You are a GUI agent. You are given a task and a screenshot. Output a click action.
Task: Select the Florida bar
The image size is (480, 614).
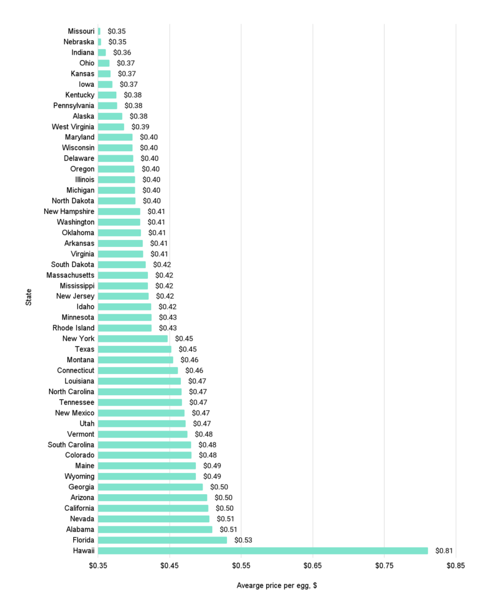tap(162, 540)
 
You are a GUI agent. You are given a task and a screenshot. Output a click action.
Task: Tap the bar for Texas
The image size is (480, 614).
tap(134, 349)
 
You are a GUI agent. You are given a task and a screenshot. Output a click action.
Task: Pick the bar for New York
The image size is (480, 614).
tap(132, 338)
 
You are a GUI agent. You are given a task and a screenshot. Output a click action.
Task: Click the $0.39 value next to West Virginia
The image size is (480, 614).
tap(140, 127)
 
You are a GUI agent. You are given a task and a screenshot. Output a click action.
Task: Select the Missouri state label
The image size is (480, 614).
tap(81, 31)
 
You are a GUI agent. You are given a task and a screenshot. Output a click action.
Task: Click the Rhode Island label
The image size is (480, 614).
tap(73, 328)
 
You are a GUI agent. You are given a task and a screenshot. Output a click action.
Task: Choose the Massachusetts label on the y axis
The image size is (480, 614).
tap(70, 275)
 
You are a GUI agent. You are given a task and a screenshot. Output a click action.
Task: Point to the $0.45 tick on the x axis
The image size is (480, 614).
tap(170, 565)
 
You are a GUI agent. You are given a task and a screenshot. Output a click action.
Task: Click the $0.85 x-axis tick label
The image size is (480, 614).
tap(456, 565)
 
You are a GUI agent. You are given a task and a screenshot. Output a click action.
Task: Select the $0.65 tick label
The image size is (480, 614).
tap(313, 565)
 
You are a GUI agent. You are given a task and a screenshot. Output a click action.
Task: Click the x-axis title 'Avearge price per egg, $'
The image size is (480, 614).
tap(276, 586)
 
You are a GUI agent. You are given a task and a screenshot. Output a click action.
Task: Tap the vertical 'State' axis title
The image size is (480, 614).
tap(29, 298)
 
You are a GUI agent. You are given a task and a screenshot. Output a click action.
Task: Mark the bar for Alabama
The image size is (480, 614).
tap(155, 529)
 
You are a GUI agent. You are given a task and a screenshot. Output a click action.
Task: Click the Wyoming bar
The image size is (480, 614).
tap(147, 476)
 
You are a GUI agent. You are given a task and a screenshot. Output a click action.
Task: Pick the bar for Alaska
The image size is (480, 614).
tap(110, 116)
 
